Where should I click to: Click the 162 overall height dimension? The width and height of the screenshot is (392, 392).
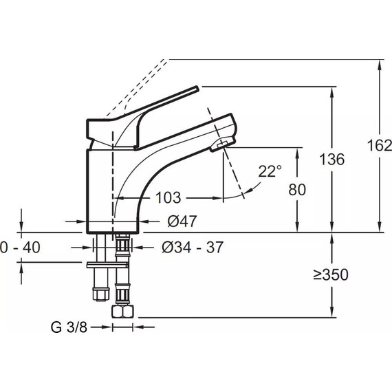click(380, 146)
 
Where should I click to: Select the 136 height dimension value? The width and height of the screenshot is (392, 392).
click(332, 160)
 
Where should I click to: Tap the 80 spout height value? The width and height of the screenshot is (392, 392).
click(297, 190)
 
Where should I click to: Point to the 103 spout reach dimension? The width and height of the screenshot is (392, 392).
click(168, 198)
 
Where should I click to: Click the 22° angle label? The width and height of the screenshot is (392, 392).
click(270, 171)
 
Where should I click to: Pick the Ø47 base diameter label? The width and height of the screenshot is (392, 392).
click(182, 221)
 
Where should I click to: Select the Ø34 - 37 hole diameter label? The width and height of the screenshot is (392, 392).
click(193, 248)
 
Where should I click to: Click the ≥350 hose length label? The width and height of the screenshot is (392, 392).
click(331, 275)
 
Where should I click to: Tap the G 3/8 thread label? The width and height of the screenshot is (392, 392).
click(69, 327)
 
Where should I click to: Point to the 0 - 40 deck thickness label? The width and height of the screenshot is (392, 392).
click(20, 248)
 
